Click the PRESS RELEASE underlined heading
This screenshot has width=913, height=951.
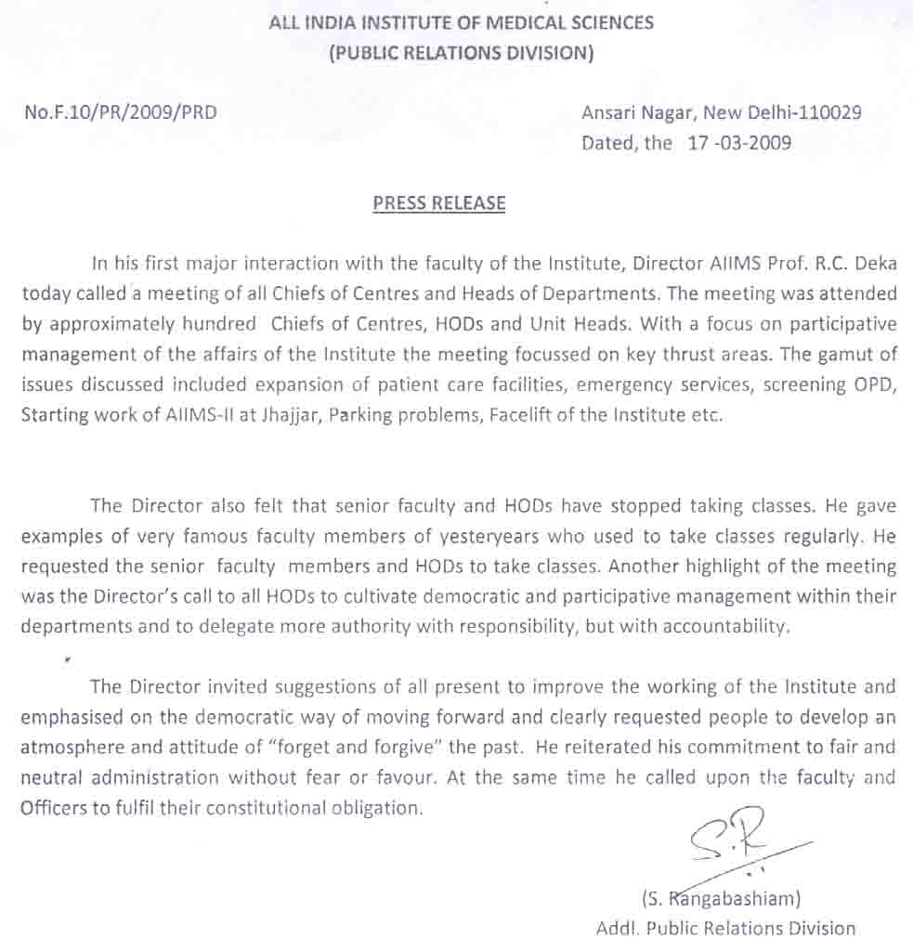[x=439, y=202]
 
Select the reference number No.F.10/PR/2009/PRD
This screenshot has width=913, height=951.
[x=122, y=113]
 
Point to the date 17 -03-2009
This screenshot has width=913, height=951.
[x=739, y=144]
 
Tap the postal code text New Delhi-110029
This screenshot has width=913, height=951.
[x=782, y=113]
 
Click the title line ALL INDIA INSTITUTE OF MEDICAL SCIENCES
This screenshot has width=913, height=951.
[x=461, y=22]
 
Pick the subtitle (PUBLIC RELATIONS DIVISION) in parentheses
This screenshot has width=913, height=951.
[x=461, y=53]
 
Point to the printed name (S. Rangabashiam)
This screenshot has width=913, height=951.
[x=721, y=898]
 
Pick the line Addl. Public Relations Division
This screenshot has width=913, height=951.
[x=725, y=928]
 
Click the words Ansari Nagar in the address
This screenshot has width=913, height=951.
[x=637, y=113]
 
